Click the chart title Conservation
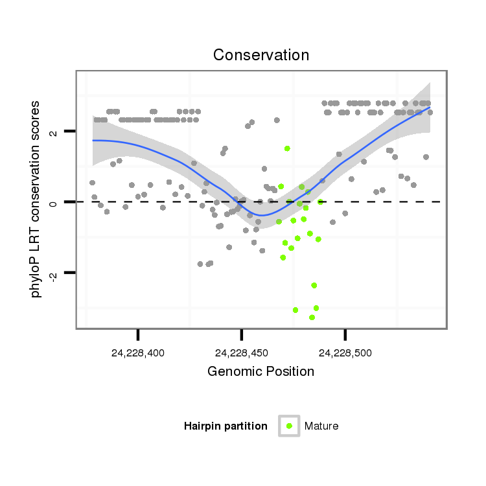[x=261, y=55]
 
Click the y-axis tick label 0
[x=54, y=202]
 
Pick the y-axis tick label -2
[x=54, y=275]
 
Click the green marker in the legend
[x=289, y=426]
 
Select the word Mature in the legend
[x=321, y=426]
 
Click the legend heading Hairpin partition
[x=226, y=426]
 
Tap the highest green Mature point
[x=287, y=148]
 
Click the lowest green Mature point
[x=312, y=318]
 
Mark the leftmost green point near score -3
[x=295, y=310]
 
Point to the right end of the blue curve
[x=430, y=108]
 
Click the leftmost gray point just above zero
[x=92, y=183]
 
